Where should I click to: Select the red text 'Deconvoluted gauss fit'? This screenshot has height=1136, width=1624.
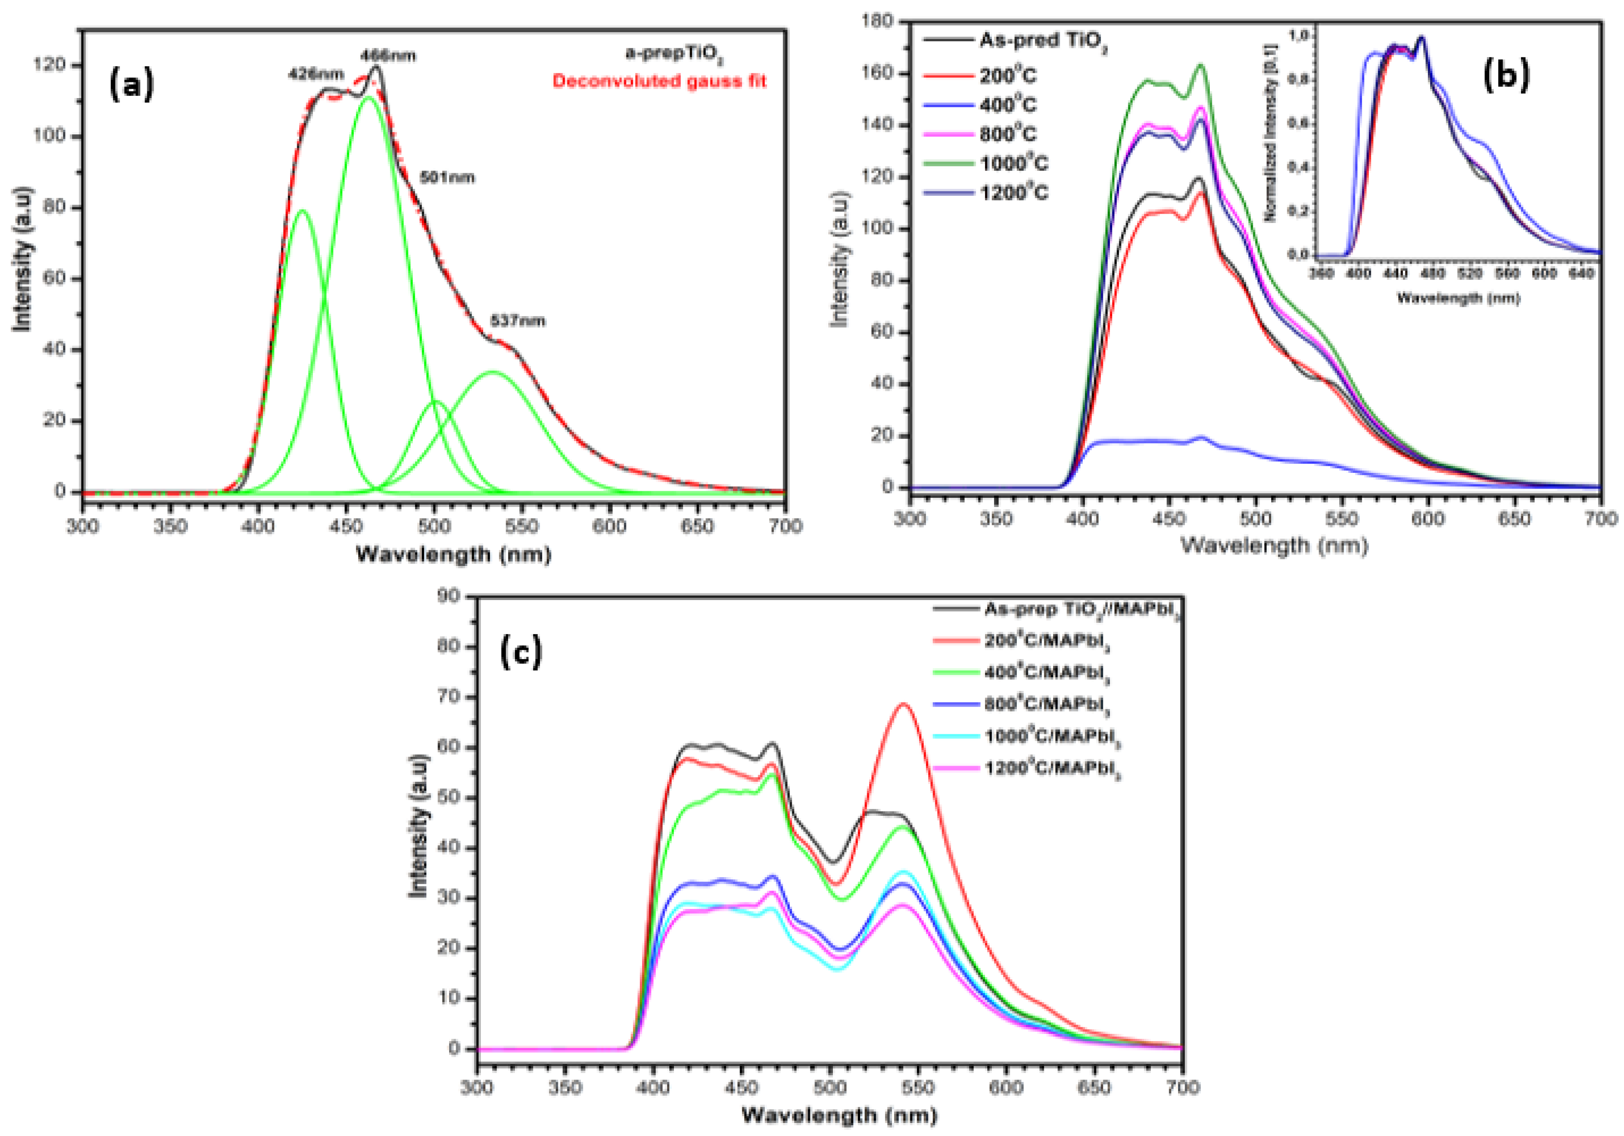point(659,81)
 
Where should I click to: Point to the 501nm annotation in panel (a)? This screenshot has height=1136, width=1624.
point(447,177)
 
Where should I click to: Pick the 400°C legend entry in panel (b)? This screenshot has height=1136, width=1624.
point(1007,105)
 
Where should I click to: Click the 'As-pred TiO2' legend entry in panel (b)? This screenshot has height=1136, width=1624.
point(1042,41)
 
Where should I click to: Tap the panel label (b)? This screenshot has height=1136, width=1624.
point(1505,75)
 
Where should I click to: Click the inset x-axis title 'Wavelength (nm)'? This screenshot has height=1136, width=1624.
point(1458,298)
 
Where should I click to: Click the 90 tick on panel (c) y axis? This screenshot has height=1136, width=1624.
point(450,596)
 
